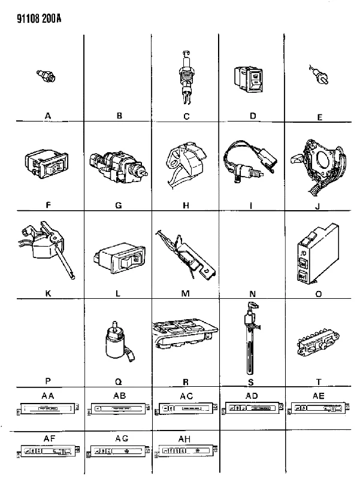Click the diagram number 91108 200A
(39, 19)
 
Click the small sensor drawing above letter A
(46, 76)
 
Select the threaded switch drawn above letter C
(186, 77)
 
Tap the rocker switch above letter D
(248, 80)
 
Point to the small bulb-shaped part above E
(319, 75)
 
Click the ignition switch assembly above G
(119, 166)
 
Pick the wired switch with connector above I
(250, 161)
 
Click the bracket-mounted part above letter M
(185, 254)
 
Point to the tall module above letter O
(317, 254)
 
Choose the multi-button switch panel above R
(184, 334)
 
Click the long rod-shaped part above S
(250, 338)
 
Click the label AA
(48, 396)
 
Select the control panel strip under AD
(252, 408)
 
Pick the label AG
(122, 439)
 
